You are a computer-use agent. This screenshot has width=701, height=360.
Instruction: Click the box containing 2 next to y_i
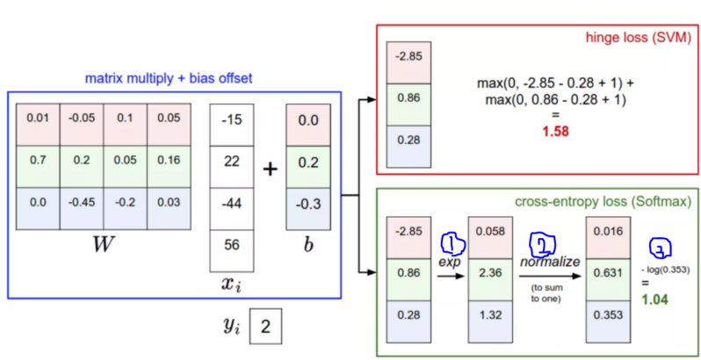click(x=266, y=329)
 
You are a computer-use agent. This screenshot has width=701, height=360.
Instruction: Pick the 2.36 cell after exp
click(x=491, y=275)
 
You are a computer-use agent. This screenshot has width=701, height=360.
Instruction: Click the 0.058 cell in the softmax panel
click(x=491, y=233)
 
